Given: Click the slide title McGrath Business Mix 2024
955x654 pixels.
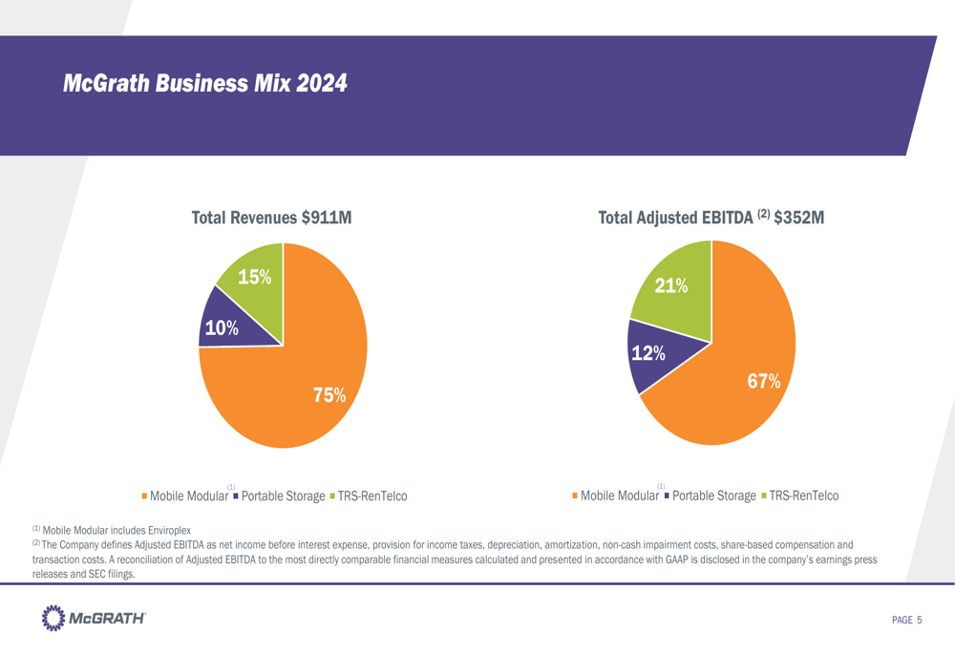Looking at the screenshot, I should tap(204, 84).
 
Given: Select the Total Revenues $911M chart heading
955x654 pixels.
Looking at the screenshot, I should tap(272, 219).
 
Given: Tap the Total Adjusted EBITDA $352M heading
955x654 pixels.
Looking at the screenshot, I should tap(711, 219).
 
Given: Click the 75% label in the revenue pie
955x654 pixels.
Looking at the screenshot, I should tap(329, 394).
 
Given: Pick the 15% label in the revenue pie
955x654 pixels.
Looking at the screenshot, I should tap(254, 278).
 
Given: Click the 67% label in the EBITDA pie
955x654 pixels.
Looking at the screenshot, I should tap(764, 381).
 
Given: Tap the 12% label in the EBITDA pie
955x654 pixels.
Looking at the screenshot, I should tap(648, 353).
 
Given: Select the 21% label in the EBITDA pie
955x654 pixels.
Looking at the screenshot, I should tap(670, 285).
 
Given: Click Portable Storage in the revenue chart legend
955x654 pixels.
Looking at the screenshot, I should tap(283, 496).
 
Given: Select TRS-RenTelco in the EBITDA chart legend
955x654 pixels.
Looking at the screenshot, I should tap(803, 496).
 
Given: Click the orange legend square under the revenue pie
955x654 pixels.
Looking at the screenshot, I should tap(144, 496).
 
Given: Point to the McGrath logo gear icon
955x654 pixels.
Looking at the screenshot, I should tap(54, 619).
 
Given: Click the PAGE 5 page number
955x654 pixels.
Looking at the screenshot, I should tap(906, 622).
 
